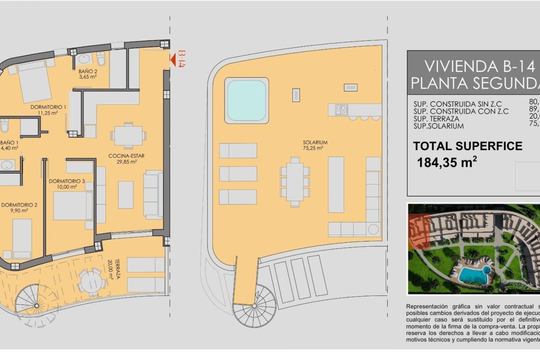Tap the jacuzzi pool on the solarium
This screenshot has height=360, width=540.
(x=246, y=100)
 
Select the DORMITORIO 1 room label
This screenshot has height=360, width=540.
(x=48, y=107)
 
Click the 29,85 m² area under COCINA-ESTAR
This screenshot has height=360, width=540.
(x=127, y=162)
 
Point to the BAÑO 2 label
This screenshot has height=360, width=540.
(x=88, y=71)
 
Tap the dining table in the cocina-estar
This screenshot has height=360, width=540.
(x=128, y=136)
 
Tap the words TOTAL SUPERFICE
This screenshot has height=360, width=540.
(x=467, y=146)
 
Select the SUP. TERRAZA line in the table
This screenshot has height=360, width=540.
(x=436, y=119)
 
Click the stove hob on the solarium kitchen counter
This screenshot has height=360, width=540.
(x=341, y=109)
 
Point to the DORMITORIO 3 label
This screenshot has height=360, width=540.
(x=67, y=181)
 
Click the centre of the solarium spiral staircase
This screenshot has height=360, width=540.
(x=254, y=306)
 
